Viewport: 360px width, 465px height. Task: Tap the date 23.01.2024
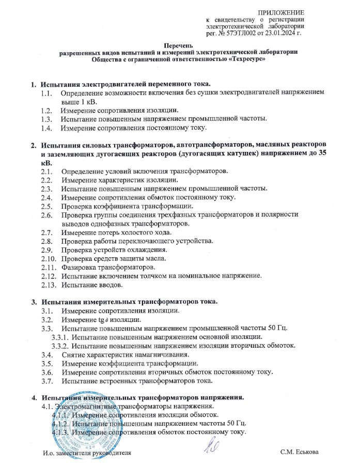click(282, 33)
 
